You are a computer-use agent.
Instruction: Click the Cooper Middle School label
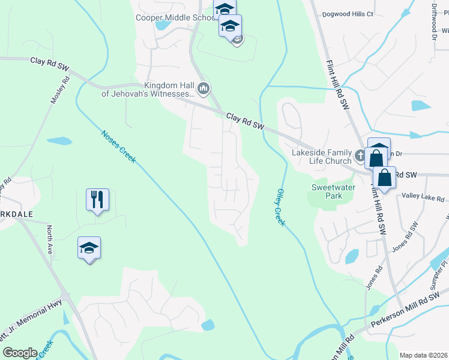[175, 17]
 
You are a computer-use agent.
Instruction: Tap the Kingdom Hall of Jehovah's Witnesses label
[147, 89]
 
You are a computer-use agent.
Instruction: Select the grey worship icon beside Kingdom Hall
[203, 89]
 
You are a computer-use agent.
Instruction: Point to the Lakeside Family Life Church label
[321, 157]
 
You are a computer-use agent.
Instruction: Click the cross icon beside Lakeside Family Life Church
[361, 156]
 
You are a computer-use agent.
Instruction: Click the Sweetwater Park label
[326, 191]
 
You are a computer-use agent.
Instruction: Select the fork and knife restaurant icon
[98, 199]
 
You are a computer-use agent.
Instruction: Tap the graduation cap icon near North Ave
[89, 248]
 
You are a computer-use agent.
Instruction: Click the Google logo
[20, 353]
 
